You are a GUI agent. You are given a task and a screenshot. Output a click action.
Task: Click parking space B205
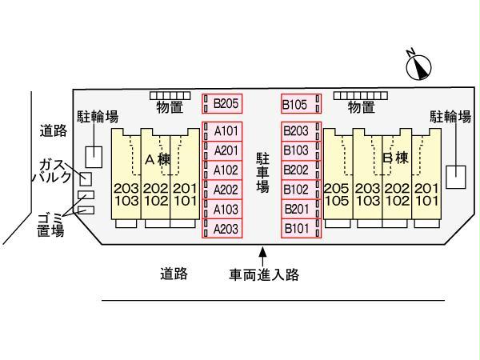tap(222, 104)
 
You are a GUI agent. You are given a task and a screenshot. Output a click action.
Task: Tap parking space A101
tap(222, 130)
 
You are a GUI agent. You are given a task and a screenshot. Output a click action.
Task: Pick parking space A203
tap(222, 229)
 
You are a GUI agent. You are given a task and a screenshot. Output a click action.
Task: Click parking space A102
tap(222, 170)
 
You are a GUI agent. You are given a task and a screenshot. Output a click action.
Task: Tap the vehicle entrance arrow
tap(262, 254)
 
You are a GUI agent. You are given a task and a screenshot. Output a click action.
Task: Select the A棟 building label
tap(158, 160)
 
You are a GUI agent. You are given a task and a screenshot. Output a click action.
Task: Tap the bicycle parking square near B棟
tap(456, 176)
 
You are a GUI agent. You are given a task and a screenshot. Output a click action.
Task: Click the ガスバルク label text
tap(52, 171)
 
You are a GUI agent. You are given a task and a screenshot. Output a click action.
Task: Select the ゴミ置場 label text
tap(50, 225)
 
